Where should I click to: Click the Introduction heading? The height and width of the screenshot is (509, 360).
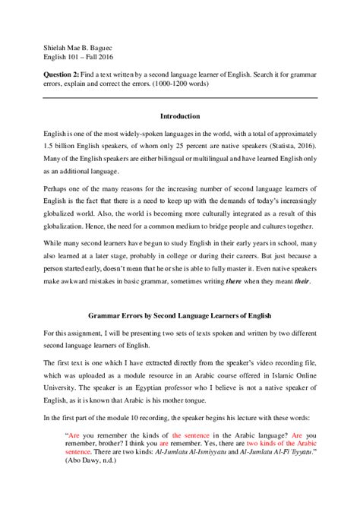click(x=180, y=116)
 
